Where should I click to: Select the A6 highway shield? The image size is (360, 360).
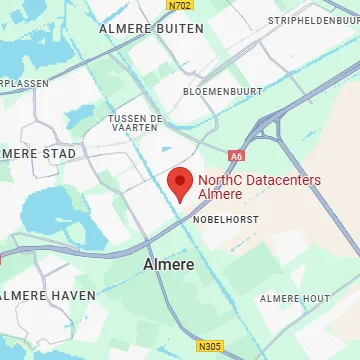click(x=236, y=156)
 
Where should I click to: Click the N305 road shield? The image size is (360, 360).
click(x=209, y=346)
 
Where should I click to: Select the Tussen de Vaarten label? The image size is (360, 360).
click(x=135, y=123)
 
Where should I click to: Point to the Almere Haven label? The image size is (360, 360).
click(x=47, y=295)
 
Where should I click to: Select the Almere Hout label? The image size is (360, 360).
click(x=294, y=299)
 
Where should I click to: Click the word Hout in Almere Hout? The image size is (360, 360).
click(x=314, y=299)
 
